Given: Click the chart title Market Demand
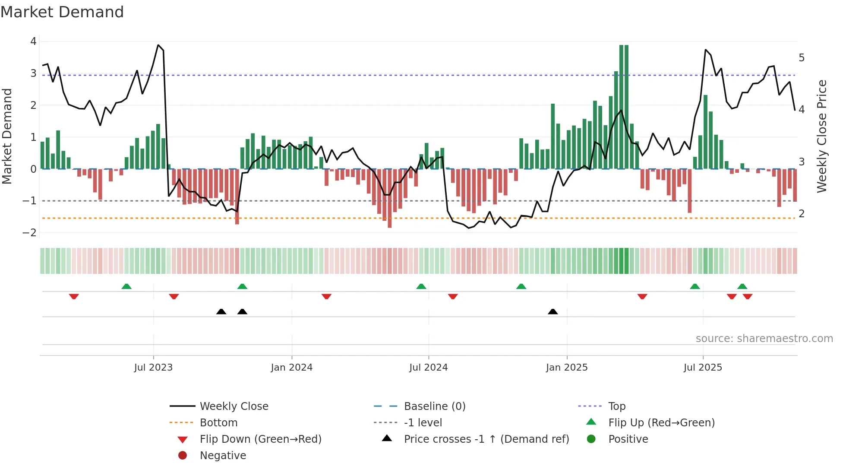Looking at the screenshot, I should click(62, 12).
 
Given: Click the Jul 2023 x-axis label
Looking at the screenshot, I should click(153, 368).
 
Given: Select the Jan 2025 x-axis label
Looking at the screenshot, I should click(566, 368).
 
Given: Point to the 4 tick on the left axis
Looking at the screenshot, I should click(33, 41).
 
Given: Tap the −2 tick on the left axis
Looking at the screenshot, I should click(30, 233).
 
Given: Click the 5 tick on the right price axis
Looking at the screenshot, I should click(802, 58).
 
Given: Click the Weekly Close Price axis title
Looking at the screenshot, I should click(822, 136).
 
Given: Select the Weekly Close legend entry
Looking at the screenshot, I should click(234, 406).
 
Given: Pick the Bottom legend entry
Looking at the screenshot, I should click(218, 423).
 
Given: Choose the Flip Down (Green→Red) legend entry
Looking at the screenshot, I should click(260, 439).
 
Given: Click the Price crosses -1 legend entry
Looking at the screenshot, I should click(486, 439).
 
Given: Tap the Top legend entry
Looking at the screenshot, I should click(616, 406).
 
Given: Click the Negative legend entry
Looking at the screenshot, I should click(223, 456).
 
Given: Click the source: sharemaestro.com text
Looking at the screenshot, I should click(764, 339).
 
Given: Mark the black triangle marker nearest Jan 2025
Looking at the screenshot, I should click(552, 311).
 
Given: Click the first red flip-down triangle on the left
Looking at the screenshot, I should click(74, 296).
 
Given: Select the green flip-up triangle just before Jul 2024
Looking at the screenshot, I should click(421, 286).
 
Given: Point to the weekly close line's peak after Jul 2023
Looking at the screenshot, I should click(158, 45).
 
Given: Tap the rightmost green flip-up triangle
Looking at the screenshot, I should click(742, 286).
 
